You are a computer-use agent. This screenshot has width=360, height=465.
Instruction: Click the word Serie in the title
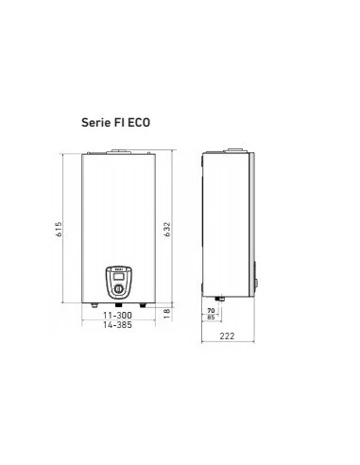tap(95, 122)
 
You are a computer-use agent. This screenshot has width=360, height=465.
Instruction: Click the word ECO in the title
tap(139, 122)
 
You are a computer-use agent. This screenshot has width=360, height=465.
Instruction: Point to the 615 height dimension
tap(59, 229)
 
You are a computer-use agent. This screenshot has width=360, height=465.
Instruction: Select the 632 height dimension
tap(167, 230)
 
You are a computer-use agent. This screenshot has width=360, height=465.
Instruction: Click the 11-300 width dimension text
tap(117, 315)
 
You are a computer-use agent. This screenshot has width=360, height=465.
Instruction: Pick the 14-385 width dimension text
tap(117, 325)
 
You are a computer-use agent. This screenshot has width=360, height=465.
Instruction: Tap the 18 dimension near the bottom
tap(167, 313)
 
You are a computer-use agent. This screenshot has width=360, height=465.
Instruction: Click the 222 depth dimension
tap(227, 336)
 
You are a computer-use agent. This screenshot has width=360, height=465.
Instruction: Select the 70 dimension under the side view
tap(211, 311)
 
